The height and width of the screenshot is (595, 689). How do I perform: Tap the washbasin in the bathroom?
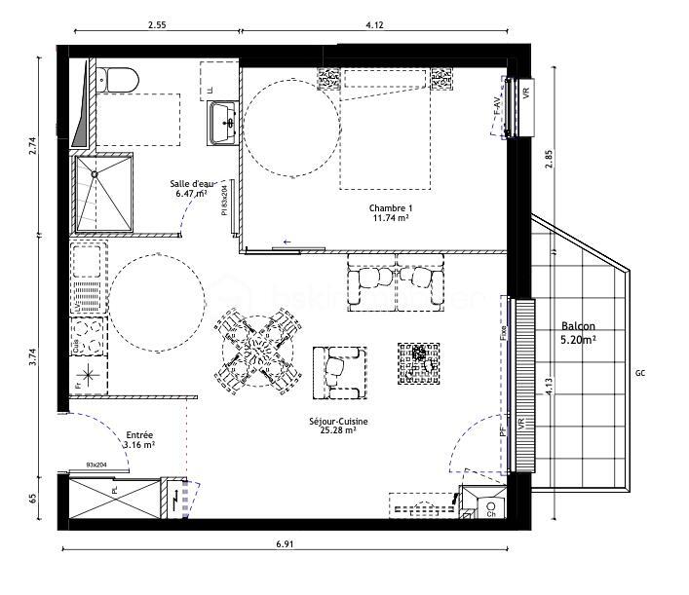pyautogui.click(x=224, y=122)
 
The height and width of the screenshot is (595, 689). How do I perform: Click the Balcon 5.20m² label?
pyautogui.click(x=578, y=334)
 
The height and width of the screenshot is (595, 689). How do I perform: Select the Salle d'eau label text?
pyautogui.click(x=191, y=188)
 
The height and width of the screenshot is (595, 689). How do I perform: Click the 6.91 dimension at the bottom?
pyautogui.click(x=284, y=543)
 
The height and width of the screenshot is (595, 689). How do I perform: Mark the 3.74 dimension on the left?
pyautogui.click(x=33, y=356)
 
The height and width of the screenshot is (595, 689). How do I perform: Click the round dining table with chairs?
pyautogui.click(x=255, y=348)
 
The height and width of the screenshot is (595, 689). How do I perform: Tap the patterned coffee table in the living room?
pyautogui.click(x=419, y=362)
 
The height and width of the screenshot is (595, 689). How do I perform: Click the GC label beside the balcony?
pyautogui.click(x=640, y=374)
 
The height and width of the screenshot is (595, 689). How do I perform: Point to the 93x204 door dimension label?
pyautogui.click(x=96, y=465)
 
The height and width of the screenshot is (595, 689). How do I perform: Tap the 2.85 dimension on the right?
pyautogui.click(x=550, y=163)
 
